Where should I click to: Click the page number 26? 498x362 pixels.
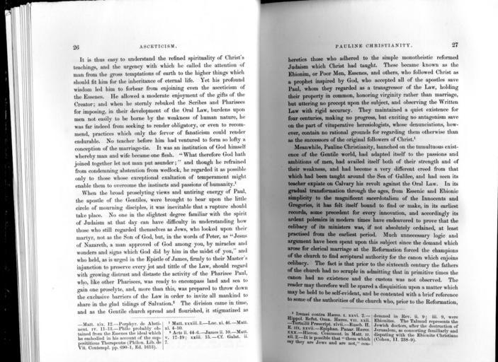click(75, 47)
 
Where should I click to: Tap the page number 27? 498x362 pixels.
click(455, 45)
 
